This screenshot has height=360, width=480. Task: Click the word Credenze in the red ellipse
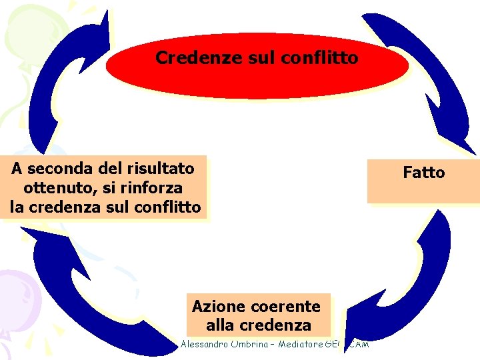[185, 58]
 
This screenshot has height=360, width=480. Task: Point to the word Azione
[216, 307]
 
